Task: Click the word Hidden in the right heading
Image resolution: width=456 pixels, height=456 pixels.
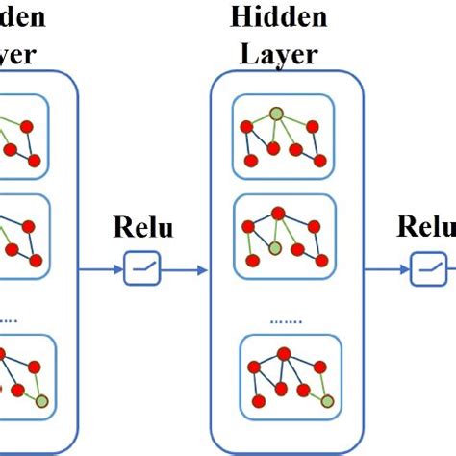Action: coord(279,17)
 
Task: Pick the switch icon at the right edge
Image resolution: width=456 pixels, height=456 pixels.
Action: coord(427,270)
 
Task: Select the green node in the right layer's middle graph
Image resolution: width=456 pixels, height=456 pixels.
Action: coord(276,248)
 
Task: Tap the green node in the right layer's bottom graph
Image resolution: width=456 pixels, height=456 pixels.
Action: coord(328,399)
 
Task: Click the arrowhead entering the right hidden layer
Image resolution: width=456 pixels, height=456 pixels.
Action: coord(203,270)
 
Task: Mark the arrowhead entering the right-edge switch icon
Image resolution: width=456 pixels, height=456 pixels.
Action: coord(406,270)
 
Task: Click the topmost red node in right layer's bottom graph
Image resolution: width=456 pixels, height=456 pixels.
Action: coord(285,353)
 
